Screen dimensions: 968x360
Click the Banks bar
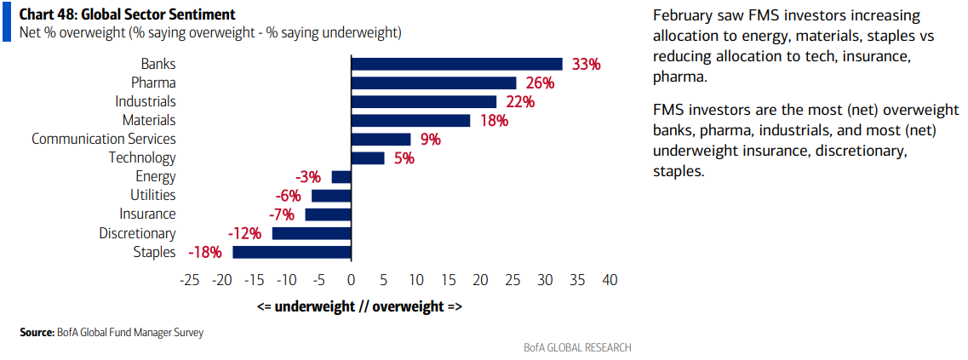click(x=457, y=64)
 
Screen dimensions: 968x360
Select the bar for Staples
click(x=291, y=252)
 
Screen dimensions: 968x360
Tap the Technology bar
click(x=368, y=158)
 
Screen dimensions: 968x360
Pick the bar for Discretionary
click(x=312, y=233)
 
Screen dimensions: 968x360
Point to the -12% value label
click(x=244, y=234)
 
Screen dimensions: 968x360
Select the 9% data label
click(x=430, y=140)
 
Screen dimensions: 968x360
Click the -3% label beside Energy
click(x=308, y=177)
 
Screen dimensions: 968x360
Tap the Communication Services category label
click(x=104, y=139)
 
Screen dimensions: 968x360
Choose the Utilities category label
click(x=153, y=195)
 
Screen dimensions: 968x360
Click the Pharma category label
click(x=154, y=83)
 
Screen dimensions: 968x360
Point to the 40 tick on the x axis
click(x=610, y=280)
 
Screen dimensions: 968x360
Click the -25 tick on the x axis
click(x=189, y=280)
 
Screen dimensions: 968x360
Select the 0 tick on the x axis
click(x=351, y=280)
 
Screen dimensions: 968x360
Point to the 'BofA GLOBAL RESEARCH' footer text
click(x=576, y=347)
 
